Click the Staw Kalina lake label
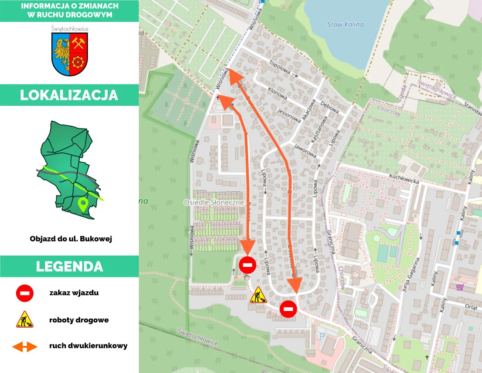click(345, 25)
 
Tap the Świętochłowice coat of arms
click(70, 54)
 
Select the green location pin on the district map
click(83, 204)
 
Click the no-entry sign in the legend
click(25, 293)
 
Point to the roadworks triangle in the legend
click(25, 320)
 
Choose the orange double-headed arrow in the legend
click(25, 346)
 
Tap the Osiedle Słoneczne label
click(214, 203)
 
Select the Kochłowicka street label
click(404, 179)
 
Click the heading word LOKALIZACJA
click(69, 95)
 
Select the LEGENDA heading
click(69, 266)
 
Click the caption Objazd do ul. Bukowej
click(71, 239)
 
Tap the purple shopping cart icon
click(460, 287)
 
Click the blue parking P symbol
click(322, 336)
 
